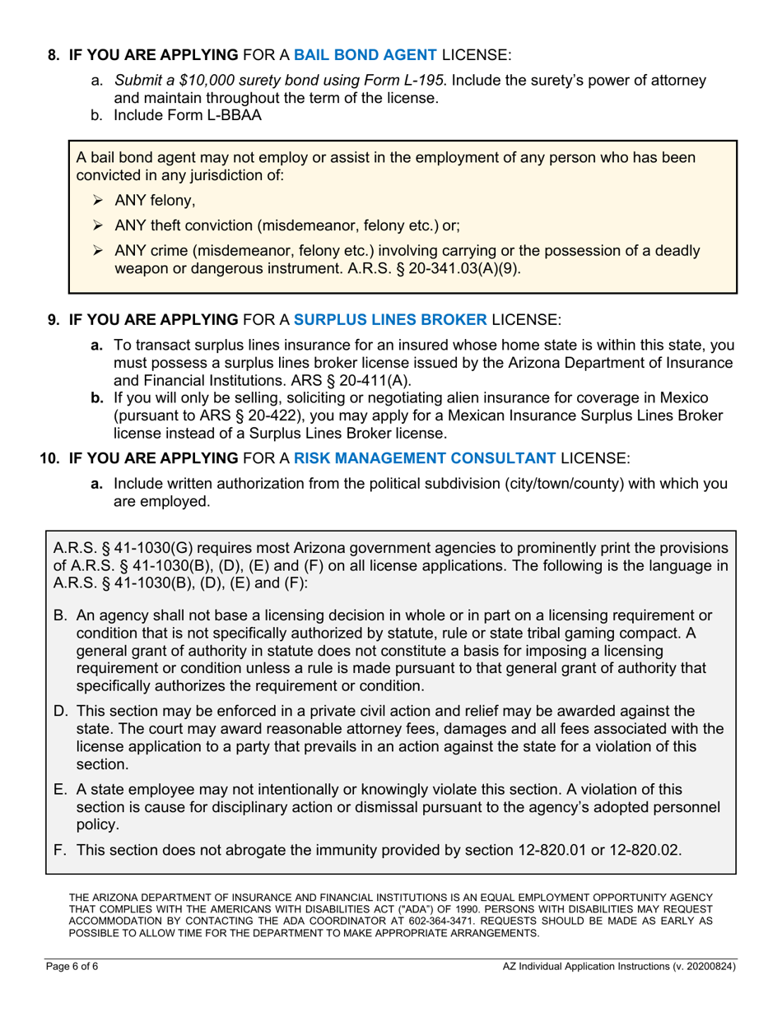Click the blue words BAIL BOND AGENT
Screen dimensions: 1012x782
tap(365, 55)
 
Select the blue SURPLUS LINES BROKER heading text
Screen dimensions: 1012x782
tap(390, 318)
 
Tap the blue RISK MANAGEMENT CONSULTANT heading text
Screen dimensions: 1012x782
tap(425, 457)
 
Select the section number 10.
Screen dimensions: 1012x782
tap(49, 457)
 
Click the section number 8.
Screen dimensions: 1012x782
tap(54, 55)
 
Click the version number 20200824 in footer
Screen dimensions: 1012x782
tap(705, 968)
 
